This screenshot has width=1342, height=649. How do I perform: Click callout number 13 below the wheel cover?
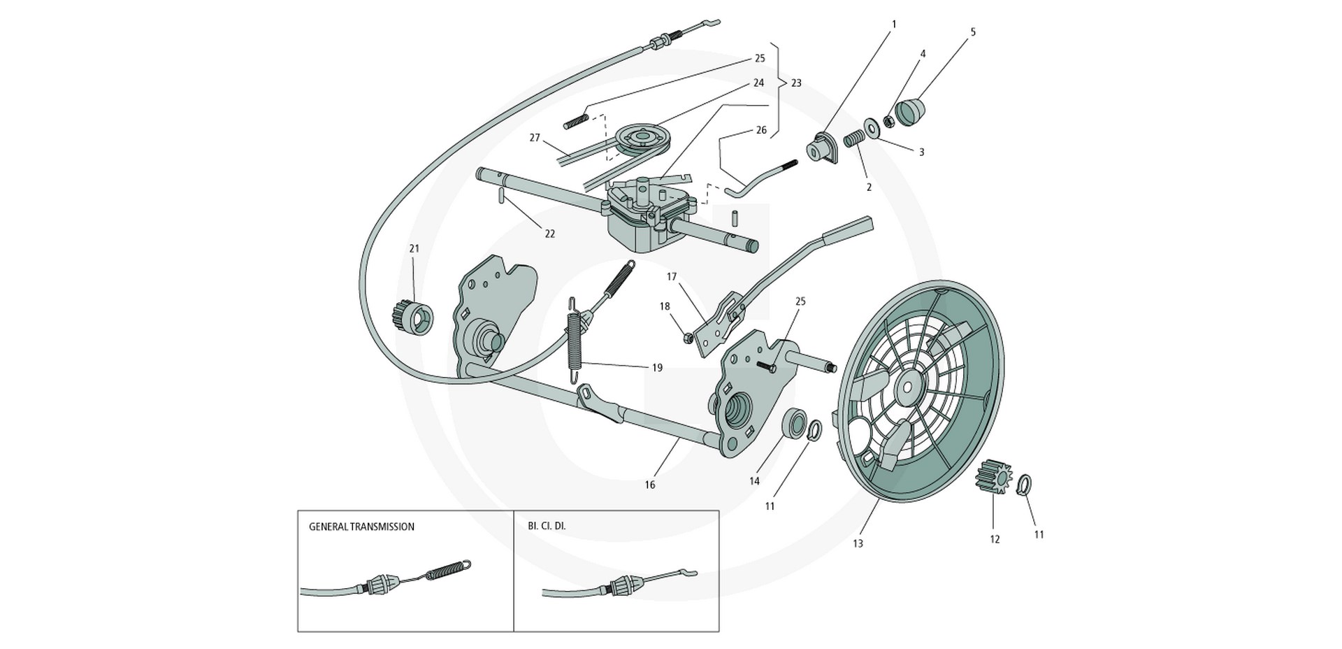tap(858, 543)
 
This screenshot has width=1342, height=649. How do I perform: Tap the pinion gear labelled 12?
tap(992, 477)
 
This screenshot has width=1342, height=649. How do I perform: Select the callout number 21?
tap(414, 249)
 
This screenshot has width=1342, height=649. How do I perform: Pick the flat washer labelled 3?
tap(872, 128)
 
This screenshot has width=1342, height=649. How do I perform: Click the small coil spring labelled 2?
tap(851, 140)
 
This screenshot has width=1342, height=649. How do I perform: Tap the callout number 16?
tap(650, 485)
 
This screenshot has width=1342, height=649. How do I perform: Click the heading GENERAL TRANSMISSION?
tap(361, 527)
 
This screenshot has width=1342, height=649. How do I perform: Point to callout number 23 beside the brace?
tap(795, 83)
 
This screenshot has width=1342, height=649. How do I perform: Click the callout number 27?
tap(535, 138)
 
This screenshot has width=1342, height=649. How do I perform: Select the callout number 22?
tap(550, 234)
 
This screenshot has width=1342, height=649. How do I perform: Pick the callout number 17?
tap(672, 277)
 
